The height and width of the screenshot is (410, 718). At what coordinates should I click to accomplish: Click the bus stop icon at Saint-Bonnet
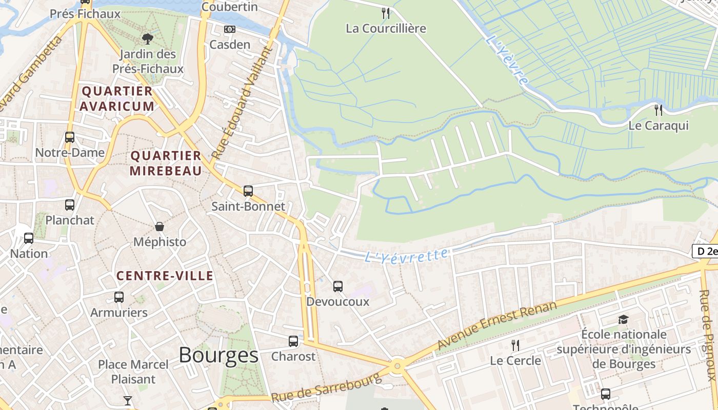pyautogui.click(x=248, y=191)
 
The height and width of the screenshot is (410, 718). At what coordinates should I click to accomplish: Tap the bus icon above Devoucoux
pyautogui.click(x=337, y=286)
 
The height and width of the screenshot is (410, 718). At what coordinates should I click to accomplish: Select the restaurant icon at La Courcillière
pyautogui.click(x=386, y=13)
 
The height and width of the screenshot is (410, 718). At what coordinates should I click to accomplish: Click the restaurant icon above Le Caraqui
pyautogui.click(x=659, y=110)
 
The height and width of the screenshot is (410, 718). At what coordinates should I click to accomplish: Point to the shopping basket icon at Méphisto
pyautogui.click(x=159, y=227)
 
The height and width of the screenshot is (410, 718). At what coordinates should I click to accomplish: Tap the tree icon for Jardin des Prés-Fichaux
pyautogui.click(x=147, y=38)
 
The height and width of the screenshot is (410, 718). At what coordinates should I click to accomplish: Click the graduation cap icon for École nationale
pyautogui.click(x=623, y=319)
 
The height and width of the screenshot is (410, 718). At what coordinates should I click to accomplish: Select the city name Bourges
pyautogui.click(x=218, y=355)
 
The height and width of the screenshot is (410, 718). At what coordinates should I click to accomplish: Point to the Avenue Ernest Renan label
pyautogui.click(x=496, y=325)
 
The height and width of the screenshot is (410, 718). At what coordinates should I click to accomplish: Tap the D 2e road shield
pyautogui.click(x=705, y=251)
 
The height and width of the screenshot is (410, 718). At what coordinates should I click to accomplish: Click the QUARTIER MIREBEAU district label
pyautogui.click(x=166, y=163)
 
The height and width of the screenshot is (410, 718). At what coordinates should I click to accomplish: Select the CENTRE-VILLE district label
pyautogui.click(x=165, y=276)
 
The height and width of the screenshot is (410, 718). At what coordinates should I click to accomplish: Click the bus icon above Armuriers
pyautogui.click(x=119, y=297)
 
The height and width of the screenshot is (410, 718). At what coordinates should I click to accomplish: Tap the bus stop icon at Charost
pyautogui.click(x=293, y=341)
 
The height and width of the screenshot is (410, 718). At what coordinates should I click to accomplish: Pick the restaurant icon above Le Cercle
pyautogui.click(x=515, y=345)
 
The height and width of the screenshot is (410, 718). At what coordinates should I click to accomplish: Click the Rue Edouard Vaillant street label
pyautogui.click(x=241, y=102)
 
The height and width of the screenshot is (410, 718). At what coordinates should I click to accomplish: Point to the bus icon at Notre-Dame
pyautogui.click(x=70, y=137)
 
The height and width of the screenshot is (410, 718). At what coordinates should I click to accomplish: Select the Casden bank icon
pyautogui.click(x=230, y=29)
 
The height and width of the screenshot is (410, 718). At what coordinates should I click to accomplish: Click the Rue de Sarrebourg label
pyautogui.click(x=326, y=387)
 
